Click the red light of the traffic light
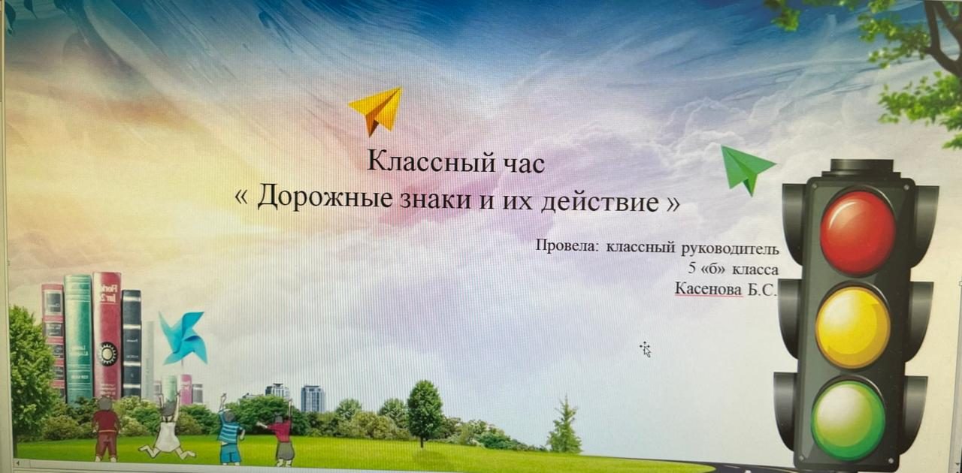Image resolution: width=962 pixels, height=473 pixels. [858, 232]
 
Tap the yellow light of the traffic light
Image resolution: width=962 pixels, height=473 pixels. [852, 327]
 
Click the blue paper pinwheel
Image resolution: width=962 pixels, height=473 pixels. [183, 338]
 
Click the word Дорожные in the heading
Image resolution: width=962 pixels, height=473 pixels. [325, 199]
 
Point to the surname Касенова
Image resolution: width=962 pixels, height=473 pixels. [709, 289]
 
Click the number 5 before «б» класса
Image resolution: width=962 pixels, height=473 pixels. [691, 268]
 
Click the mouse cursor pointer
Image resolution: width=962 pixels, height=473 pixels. [645, 349]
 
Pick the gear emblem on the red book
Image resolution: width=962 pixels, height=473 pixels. [107, 354]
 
